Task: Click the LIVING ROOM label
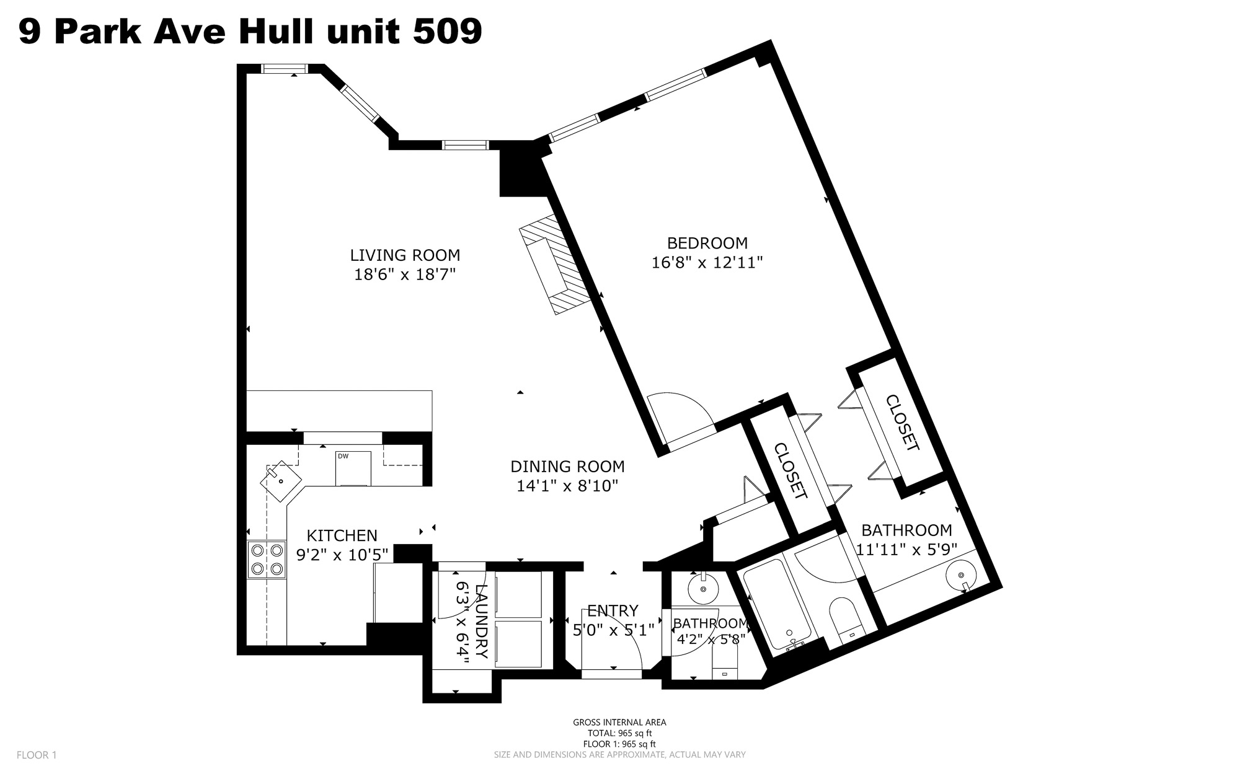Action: [405, 255]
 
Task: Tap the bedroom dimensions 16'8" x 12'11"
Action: [707, 262]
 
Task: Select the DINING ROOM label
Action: [567, 466]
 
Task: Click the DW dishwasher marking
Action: [343, 457]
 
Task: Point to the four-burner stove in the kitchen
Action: [267, 560]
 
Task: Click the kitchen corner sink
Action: [281, 481]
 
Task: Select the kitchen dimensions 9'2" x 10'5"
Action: [343, 554]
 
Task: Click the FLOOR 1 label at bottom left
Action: [37, 755]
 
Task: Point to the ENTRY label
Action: [613, 611]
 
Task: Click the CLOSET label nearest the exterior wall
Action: [902, 423]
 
